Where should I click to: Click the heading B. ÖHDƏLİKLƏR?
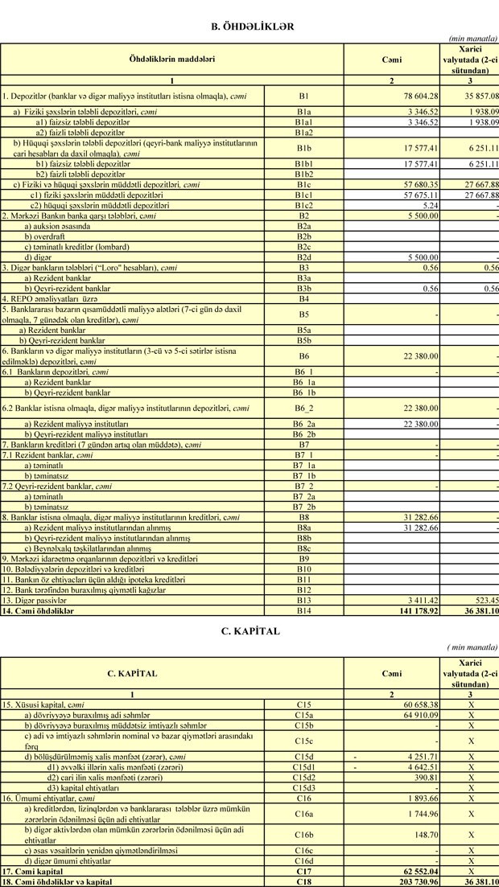click(247, 27)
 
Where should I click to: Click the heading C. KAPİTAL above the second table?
click(249, 630)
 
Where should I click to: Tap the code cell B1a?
click(303, 112)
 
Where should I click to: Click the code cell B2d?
click(303, 257)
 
